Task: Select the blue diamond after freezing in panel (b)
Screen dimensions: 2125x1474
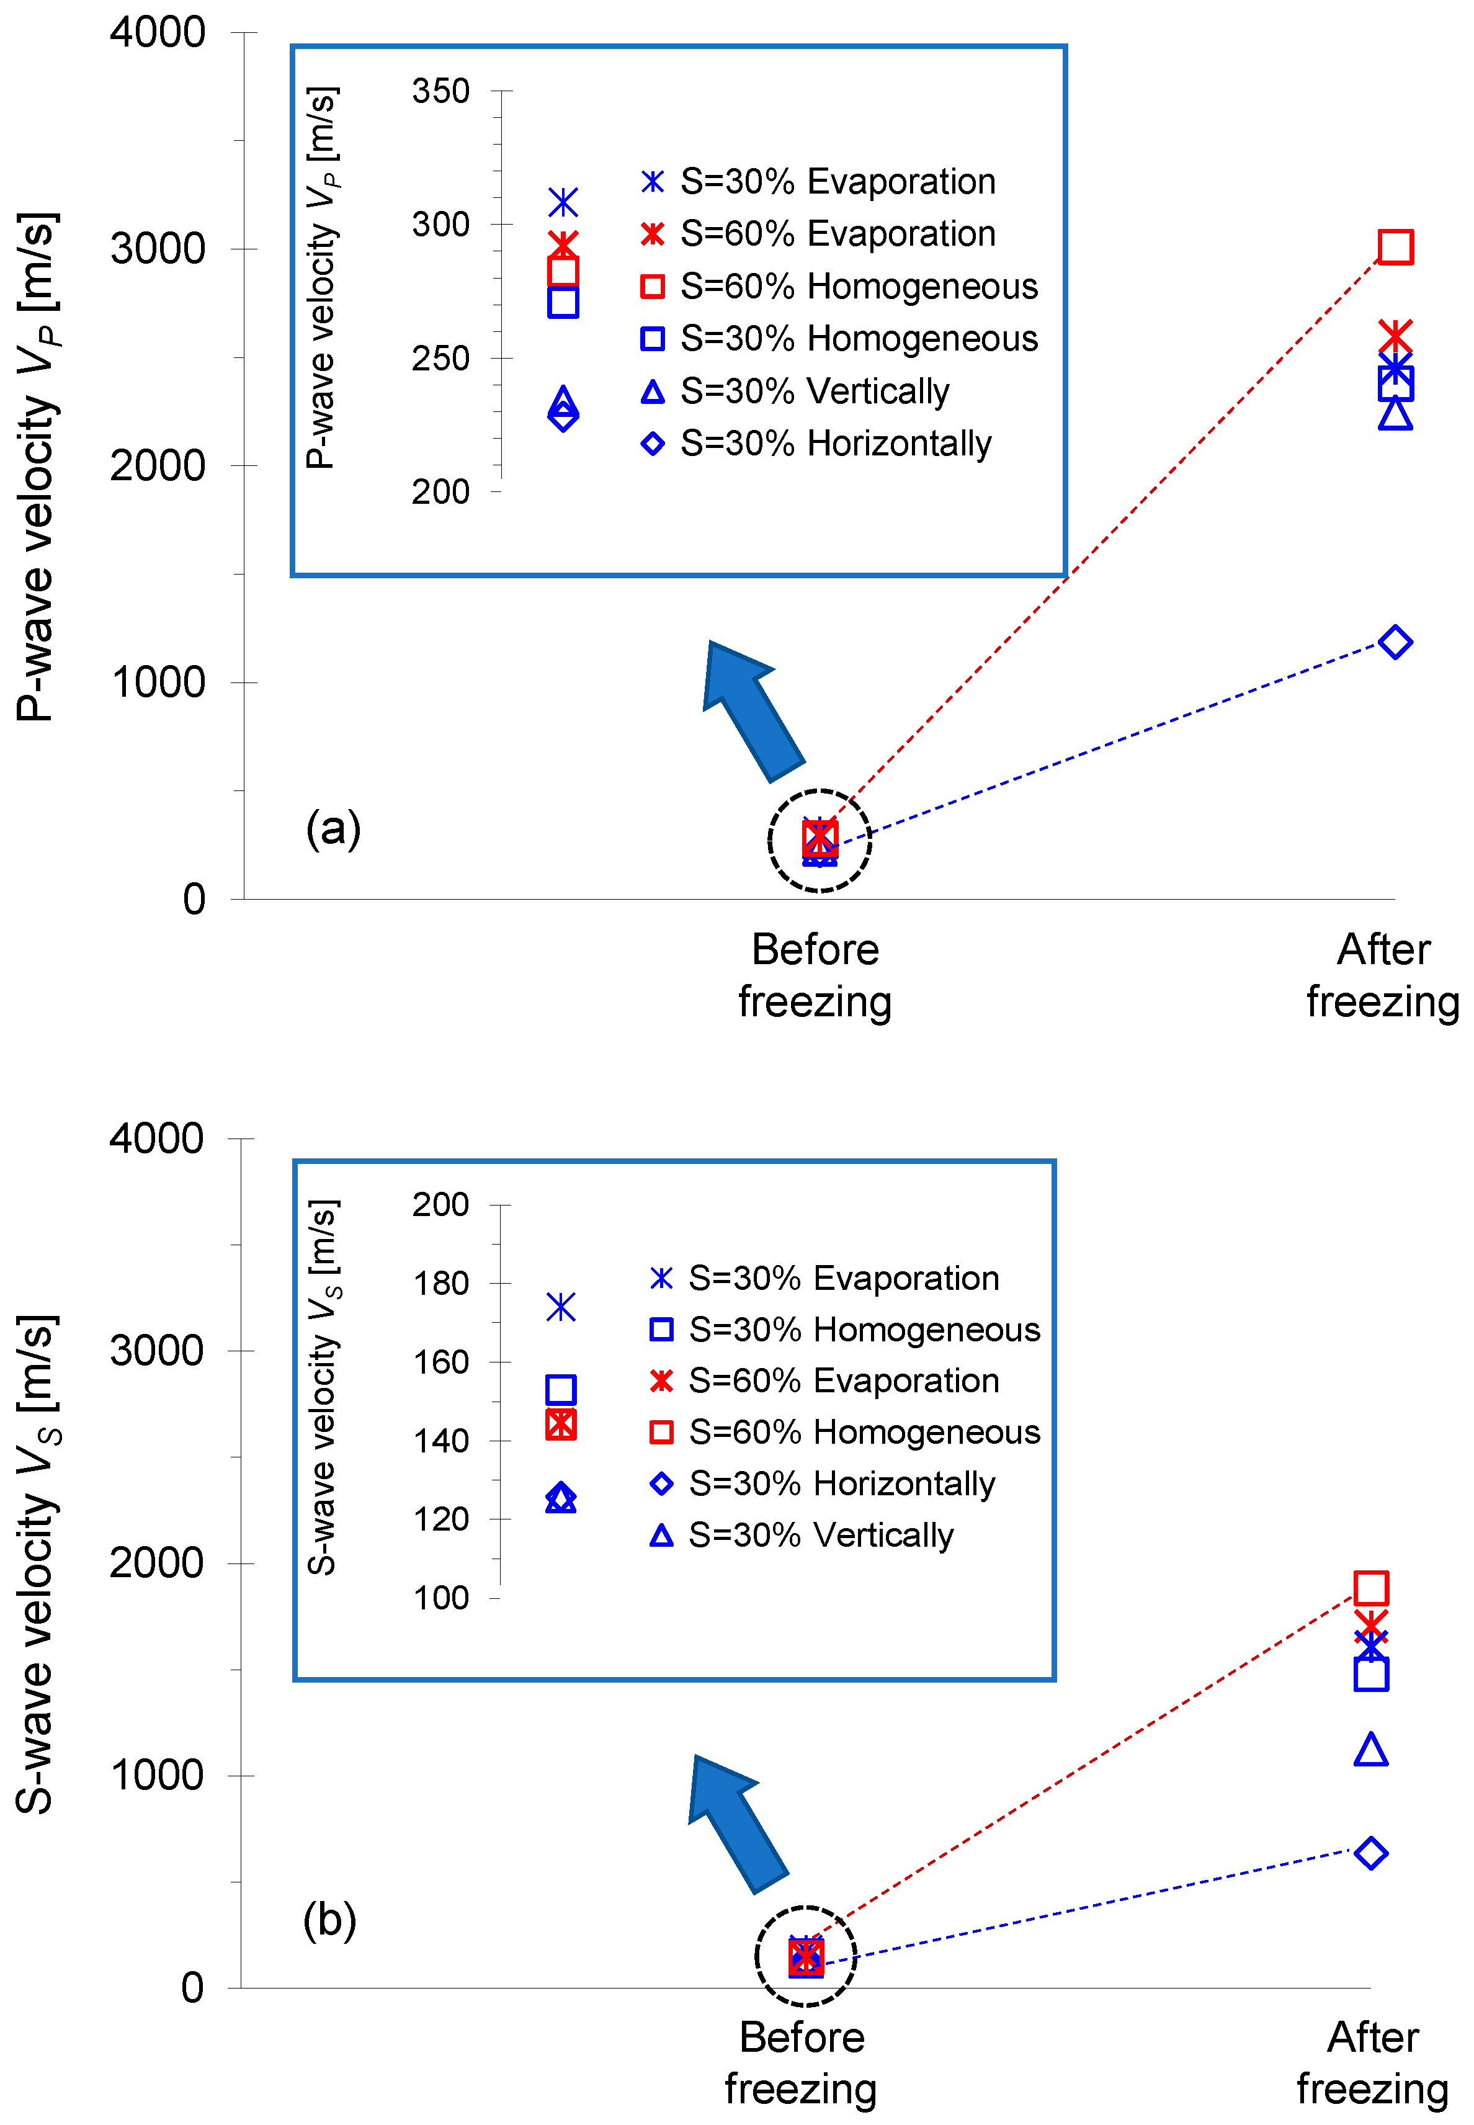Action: point(1370,1853)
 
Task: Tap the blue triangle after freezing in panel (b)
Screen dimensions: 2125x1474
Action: point(1370,1750)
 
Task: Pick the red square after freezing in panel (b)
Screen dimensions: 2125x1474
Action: point(1370,1588)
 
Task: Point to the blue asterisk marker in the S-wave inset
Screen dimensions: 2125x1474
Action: point(561,1307)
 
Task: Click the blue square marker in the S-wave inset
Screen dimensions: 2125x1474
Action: point(561,1389)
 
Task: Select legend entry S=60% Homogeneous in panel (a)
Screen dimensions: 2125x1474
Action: point(841,286)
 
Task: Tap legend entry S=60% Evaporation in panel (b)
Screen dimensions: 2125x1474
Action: point(824,1380)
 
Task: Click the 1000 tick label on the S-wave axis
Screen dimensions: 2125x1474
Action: point(156,1775)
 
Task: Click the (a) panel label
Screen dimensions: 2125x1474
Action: point(333,828)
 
